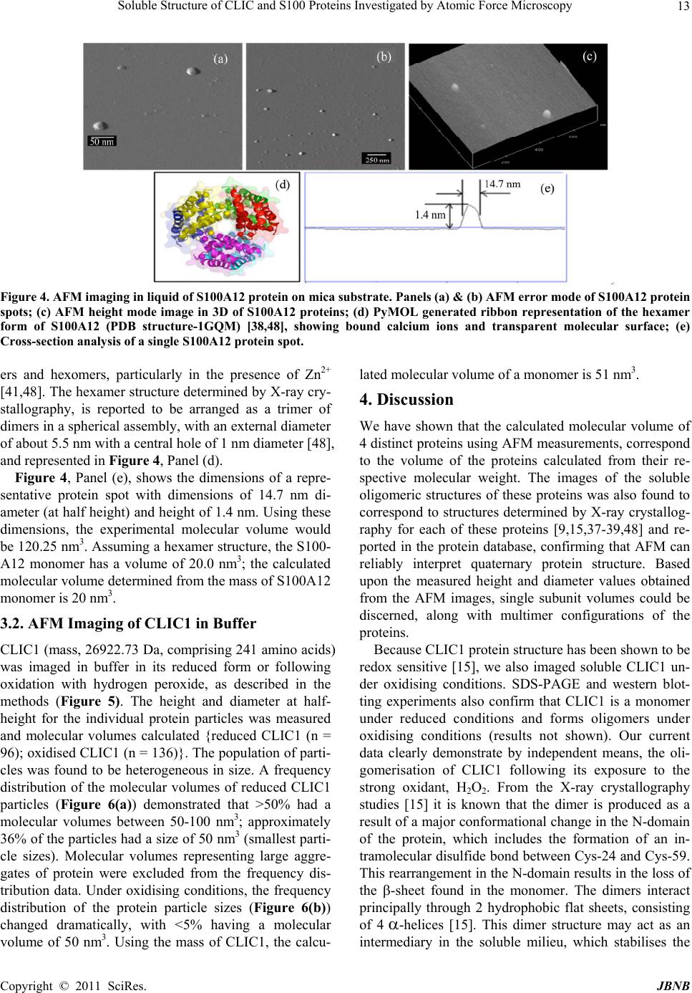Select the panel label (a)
point(220,59)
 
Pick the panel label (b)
point(384,56)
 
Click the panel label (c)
point(589,54)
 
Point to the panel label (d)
point(283,184)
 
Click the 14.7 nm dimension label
point(504,184)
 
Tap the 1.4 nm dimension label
point(430,214)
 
